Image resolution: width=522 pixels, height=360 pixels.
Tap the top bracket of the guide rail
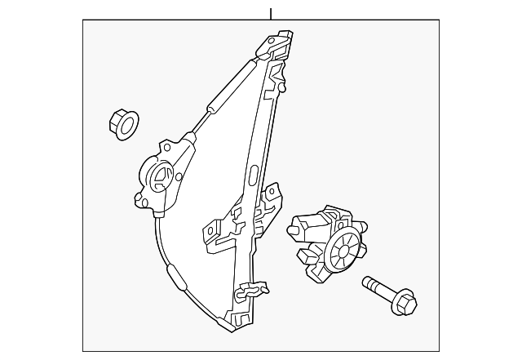tap(276, 44)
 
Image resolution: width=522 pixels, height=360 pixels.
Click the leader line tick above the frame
tap(270, 13)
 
